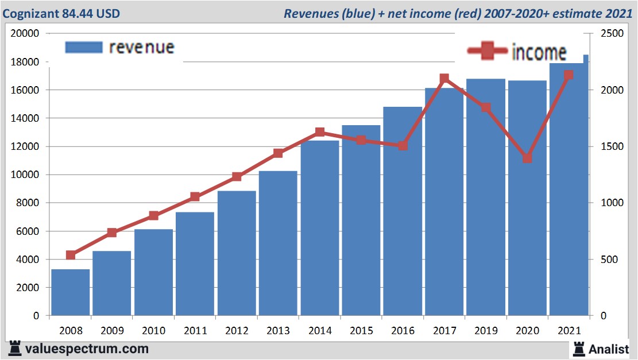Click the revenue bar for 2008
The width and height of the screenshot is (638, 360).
(71, 292)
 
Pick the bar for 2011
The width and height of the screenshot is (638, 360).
(195, 264)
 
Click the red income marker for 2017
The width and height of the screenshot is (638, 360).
(444, 79)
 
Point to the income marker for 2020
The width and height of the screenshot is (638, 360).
(527, 158)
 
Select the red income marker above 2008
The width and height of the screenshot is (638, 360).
(71, 255)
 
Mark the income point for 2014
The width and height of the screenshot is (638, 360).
(320, 133)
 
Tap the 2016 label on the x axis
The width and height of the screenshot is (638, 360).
(403, 331)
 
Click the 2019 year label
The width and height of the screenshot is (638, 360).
(486, 331)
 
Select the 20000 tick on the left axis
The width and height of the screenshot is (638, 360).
(25, 33)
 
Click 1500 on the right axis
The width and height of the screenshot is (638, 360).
(612, 146)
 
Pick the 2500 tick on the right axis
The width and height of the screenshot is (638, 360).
(612, 33)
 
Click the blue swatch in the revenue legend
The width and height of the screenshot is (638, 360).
(84, 47)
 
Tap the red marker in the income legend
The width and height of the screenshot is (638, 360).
(488, 52)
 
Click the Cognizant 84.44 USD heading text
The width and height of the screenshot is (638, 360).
(61, 13)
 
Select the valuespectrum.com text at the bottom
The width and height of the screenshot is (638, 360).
(87, 349)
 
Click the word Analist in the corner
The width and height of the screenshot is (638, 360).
(608, 349)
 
